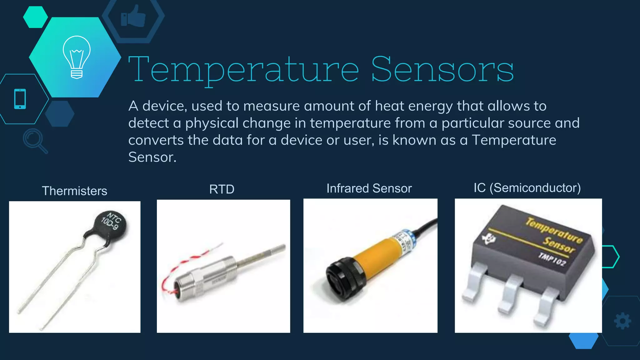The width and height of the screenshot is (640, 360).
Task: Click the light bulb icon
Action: [x=77, y=57]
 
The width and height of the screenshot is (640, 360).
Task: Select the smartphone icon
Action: [x=20, y=99]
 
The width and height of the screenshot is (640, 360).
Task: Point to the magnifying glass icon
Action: [x=34, y=140]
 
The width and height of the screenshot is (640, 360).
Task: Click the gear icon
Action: [x=622, y=321]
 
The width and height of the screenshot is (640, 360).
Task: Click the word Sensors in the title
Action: [x=442, y=69]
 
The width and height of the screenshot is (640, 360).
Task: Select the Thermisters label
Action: [x=74, y=191]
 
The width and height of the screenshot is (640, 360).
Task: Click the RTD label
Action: [x=222, y=189]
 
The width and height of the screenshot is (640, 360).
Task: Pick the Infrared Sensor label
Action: [x=369, y=188]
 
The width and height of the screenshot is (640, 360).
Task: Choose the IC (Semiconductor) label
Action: [x=527, y=188]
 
